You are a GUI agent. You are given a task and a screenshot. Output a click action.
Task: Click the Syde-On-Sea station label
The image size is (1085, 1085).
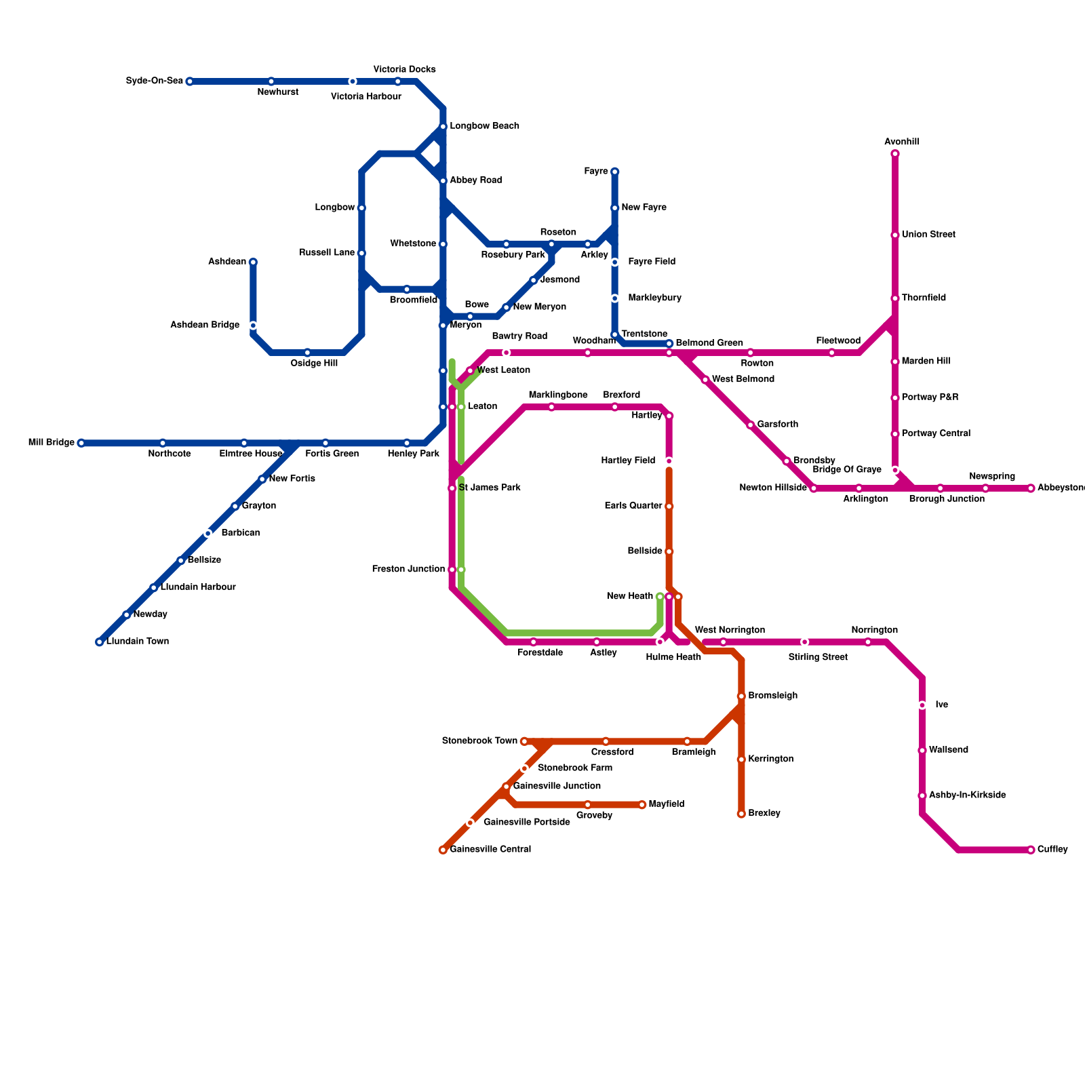point(155,81)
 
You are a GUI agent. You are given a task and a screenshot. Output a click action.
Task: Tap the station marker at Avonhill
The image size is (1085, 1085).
point(895,154)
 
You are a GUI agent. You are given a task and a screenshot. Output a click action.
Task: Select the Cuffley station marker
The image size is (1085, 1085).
point(1031,850)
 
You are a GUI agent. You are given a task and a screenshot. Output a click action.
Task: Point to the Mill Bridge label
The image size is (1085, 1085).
point(52,443)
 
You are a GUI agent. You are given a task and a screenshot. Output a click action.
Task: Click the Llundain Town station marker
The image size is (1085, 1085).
point(100,642)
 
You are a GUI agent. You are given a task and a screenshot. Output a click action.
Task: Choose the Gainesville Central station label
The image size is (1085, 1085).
point(490,850)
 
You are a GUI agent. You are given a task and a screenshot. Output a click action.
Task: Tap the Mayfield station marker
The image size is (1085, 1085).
point(642,805)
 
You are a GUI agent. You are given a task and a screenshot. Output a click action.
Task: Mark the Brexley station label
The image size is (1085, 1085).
point(764,813)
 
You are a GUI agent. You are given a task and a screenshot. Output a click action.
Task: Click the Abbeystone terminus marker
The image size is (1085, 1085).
point(1031,488)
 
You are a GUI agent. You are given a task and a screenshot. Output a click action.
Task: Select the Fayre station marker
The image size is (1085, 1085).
point(615,172)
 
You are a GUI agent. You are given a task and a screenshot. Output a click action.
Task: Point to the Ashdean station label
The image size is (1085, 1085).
point(227,262)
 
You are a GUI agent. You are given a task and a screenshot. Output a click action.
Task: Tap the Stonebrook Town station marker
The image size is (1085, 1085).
point(524,741)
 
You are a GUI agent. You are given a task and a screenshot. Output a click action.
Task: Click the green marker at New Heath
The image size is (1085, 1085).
point(660,597)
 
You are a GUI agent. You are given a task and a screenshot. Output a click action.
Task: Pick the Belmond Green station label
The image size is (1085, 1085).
point(709,343)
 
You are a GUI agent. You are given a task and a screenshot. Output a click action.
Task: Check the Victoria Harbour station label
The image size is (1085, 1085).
point(366,97)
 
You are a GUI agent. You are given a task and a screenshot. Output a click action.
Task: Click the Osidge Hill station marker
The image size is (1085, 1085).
point(307,353)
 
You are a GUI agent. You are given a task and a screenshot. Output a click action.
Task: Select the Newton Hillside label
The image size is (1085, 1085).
point(773,488)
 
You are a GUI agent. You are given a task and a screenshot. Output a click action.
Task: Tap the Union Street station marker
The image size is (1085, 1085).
point(895,235)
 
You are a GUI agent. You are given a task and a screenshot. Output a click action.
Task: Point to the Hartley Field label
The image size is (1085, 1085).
point(629,461)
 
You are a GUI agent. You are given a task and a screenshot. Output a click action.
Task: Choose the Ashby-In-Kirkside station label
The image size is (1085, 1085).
point(967,795)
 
